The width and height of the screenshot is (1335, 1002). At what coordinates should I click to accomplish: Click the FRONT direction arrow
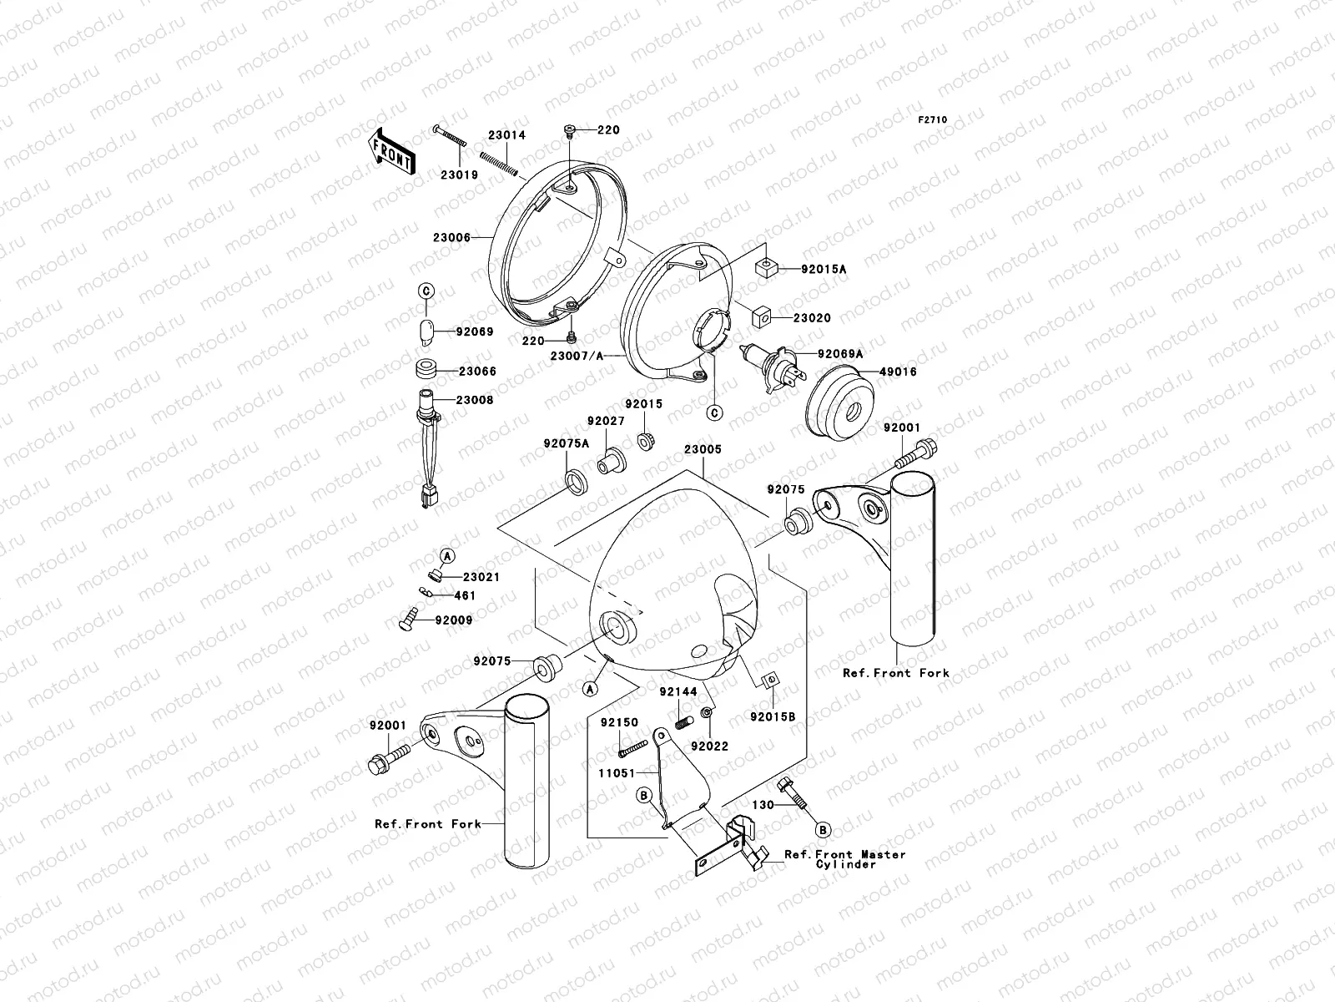tap(391, 150)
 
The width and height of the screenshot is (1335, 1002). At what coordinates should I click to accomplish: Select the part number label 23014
tap(506, 135)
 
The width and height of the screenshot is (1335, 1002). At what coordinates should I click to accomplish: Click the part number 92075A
tap(566, 443)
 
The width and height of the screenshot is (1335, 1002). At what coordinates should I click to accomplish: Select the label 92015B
tap(773, 716)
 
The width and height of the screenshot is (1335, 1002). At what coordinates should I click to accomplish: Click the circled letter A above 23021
tap(447, 556)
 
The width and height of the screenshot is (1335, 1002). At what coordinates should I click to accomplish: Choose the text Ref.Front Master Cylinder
tap(844, 859)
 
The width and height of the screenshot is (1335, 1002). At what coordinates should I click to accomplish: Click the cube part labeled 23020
tap(760, 318)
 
